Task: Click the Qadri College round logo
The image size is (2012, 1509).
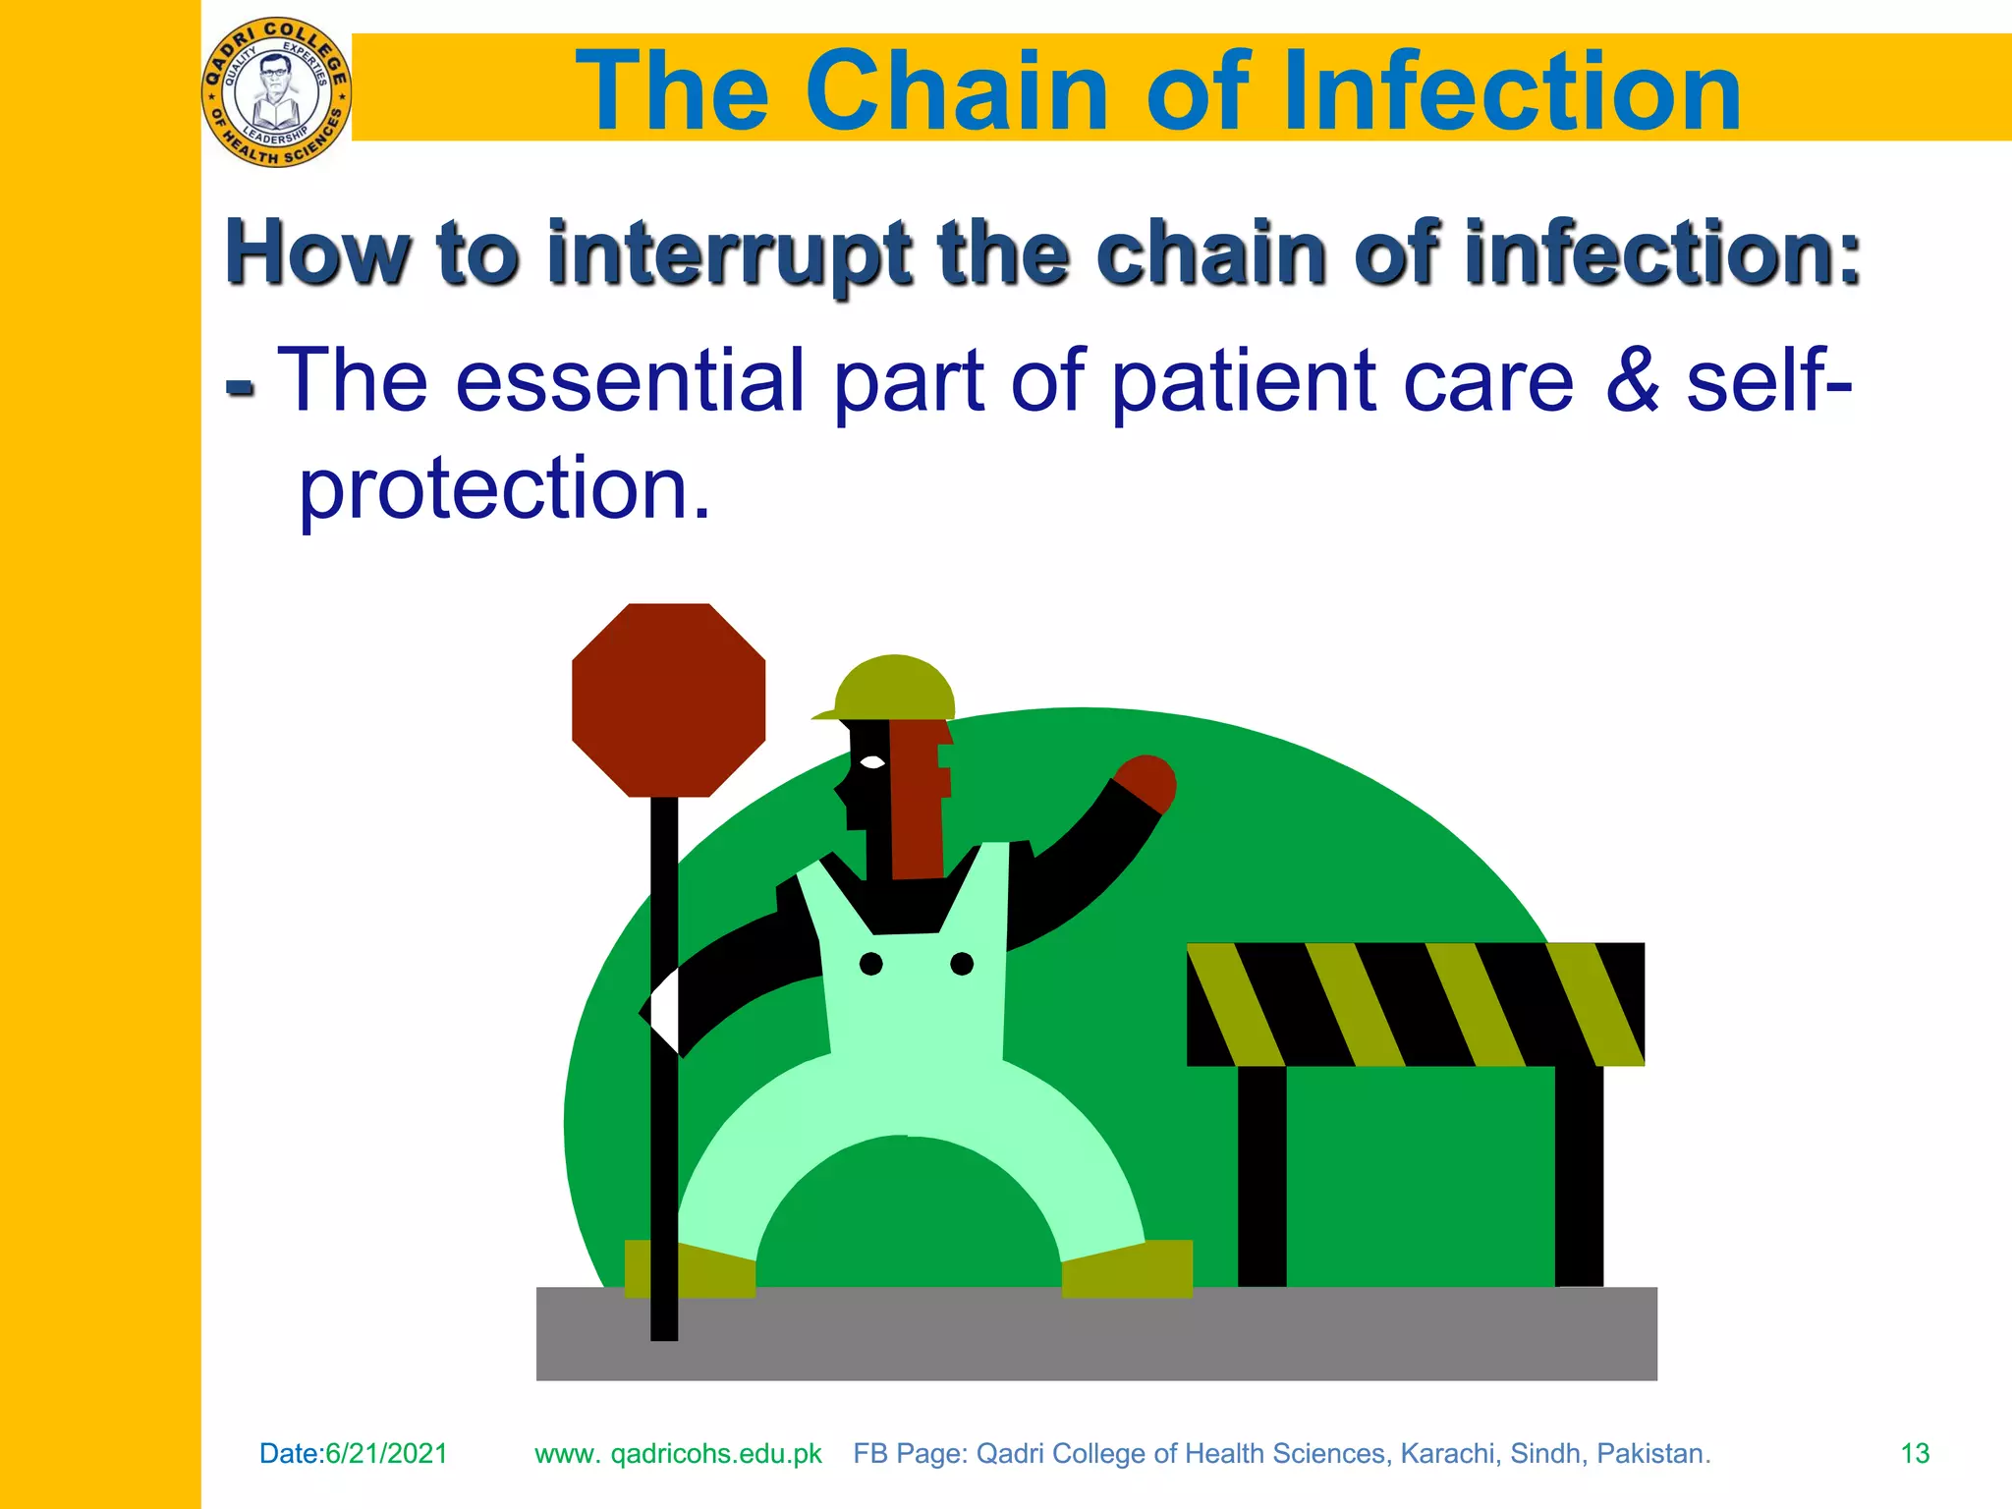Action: pyautogui.click(x=276, y=92)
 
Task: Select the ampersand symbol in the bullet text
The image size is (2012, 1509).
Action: pyautogui.click(x=1632, y=380)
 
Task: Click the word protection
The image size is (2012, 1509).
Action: pyautogui.click(x=504, y=488)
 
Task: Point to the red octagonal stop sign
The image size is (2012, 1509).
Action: pyautogui.click(x=668, y=699)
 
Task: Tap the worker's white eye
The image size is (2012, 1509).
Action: pyautogui.click(x=871, y=761)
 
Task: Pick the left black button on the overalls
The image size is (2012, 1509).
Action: pyautogui.click(x=870, y=964)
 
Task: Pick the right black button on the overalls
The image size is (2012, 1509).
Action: pyautogui.click(x=962, y=964)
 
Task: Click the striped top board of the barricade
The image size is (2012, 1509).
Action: pyautogui.click(x=1415, y=1004)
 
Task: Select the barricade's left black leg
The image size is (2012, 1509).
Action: pyautogui.click(x=1261, y=1175)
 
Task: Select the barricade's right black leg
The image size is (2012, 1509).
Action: pyautogui.click(x=1579, y=1175)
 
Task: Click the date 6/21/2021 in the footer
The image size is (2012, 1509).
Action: pyautogui.click(x=386, y=1454)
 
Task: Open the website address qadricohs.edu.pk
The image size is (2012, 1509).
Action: pyautogui.click(x=715, y=1454)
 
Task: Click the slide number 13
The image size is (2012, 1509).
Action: pyautogui.click(x=1915, y=1454)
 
